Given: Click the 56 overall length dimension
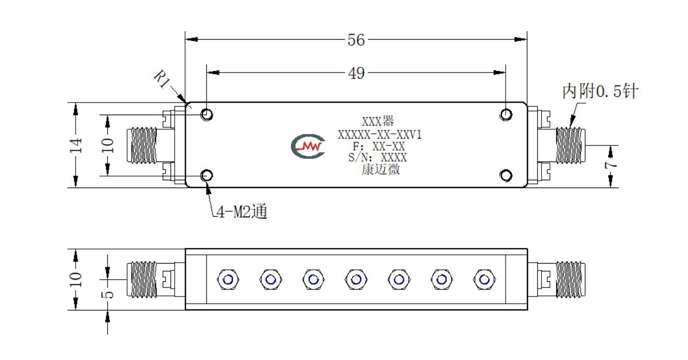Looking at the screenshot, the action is click(x=356, y=40).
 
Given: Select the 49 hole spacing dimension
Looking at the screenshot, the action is click(x=357, y=73).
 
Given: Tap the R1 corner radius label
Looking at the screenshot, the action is click(x=162, y=79).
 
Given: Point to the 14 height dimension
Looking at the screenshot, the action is click(x=76, y=145).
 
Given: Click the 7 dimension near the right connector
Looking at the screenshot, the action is click(x=611, y=166).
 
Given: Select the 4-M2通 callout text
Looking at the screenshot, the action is click(x=242, y=212).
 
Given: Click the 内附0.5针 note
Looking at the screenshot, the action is click(x=600, y=91).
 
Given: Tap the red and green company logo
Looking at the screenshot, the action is click(x=308, y=146).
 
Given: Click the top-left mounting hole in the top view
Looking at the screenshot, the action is click(x=207, y=115).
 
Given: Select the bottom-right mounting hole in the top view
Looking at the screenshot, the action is click(x=506, y=176).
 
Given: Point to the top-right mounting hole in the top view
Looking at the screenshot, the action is click(x=506, y=115).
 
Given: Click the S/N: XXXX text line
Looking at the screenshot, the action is click(x=377, y=157).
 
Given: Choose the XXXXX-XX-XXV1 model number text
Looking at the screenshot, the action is click(x=379, y=135).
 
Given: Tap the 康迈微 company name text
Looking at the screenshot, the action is click(x=381, y=169).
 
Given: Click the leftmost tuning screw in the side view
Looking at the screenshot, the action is click(x=228, y=280).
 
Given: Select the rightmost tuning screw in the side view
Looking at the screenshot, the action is click(x=484, y=280).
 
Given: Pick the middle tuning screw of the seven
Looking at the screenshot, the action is click(x=357, y=280).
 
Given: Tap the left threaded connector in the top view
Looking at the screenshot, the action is click(x=142, y=145).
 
